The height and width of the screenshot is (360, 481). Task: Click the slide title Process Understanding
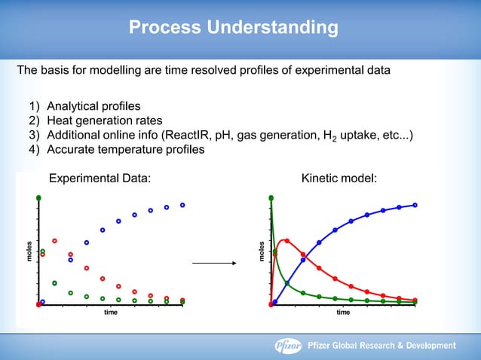233,29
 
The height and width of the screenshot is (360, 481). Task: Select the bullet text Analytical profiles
93,105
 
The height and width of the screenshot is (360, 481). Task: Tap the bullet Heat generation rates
104,121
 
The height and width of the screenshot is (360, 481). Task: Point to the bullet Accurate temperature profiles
125,149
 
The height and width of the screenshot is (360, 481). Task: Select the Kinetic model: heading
339,178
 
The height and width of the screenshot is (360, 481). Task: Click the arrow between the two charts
213,264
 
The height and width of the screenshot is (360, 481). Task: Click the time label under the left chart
110,312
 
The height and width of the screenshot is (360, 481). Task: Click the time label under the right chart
343,312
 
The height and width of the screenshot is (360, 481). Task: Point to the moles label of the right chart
261,251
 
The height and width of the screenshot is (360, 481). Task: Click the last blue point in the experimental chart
182,205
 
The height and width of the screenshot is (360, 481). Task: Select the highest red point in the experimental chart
54,241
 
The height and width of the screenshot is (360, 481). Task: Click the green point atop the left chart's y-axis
38,197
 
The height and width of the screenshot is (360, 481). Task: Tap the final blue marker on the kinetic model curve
415,205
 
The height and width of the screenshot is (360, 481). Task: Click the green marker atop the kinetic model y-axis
271,197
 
